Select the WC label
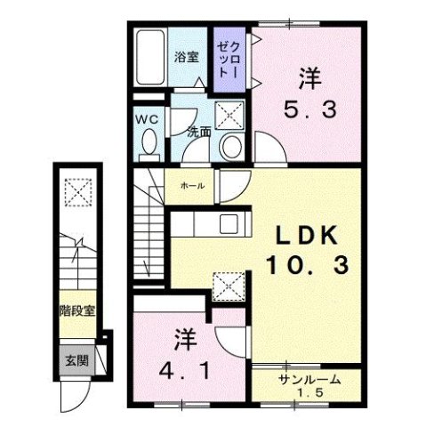147,117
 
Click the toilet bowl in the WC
148,141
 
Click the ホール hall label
193,186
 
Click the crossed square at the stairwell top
78,191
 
